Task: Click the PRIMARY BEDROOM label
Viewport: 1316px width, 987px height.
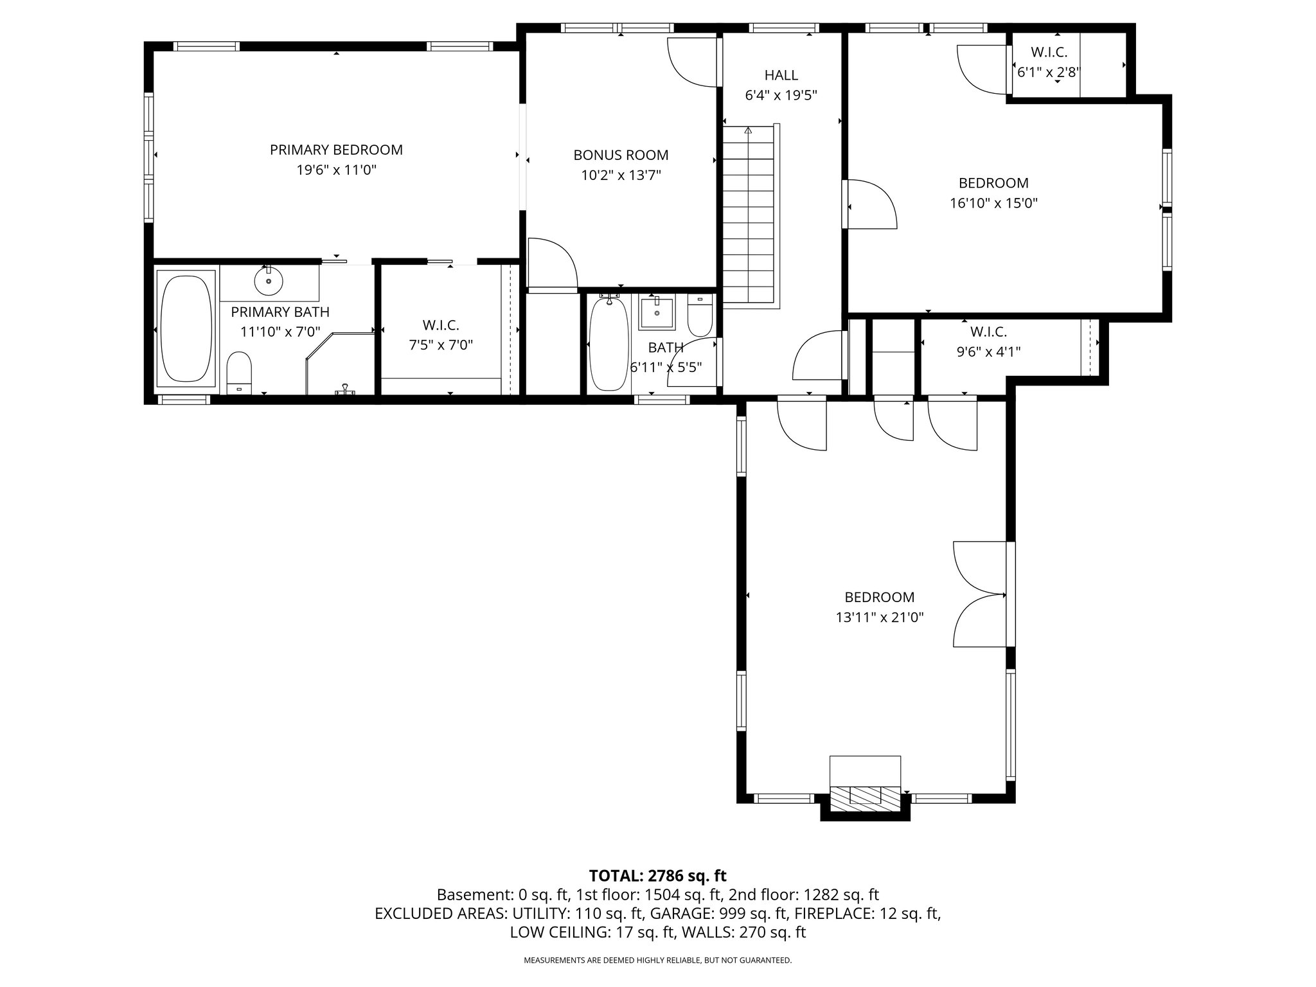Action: pos(336,150)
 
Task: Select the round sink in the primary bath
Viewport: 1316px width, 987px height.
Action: pos(269,281)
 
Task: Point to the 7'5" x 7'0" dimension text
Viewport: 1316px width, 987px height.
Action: pos(441,345)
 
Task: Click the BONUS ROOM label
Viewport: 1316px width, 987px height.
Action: pos(621,155)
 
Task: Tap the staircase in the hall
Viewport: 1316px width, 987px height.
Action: pos(749,215)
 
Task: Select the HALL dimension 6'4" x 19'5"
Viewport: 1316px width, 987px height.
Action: pos(781,96)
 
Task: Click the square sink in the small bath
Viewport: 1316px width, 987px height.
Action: pos(657,312)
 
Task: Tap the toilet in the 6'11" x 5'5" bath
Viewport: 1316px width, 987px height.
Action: pos(700,316)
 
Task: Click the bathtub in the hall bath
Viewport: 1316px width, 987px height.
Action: pos(609,344)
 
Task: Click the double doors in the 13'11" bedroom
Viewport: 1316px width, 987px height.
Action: pos(980,594)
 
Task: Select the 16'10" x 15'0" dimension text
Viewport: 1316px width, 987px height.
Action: pos(993,204)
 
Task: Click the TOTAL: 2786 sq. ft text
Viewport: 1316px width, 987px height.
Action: pos(657,875)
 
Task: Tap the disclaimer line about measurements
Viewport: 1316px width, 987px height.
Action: pos(657,961)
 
